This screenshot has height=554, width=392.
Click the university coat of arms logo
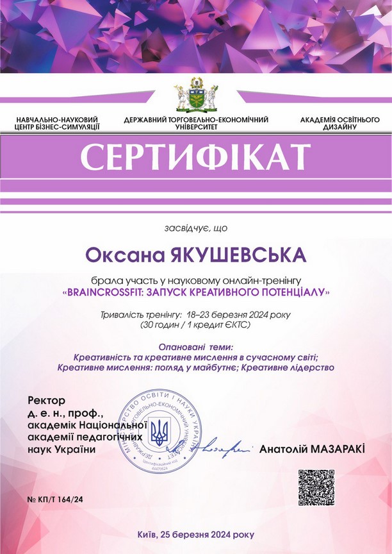pos(196,96)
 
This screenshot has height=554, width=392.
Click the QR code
pos(316,488)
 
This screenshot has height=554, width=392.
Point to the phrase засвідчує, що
pos(196,228)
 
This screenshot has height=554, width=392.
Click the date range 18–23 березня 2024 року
pos(239,315)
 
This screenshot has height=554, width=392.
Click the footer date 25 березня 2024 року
pos(209,534)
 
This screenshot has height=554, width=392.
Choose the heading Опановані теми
pos(195,347)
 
